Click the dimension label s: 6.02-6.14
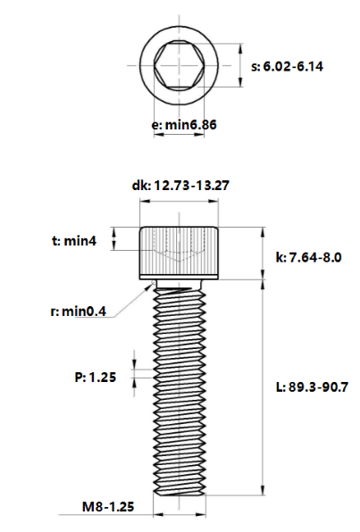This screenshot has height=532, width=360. point(287,66)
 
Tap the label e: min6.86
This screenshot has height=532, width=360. point(184,125)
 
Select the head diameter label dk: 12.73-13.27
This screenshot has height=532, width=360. point(180,186)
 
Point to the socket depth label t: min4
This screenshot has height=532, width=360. point(74,240)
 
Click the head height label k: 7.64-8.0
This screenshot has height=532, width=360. point(308,257)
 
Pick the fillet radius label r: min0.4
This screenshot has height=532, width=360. point(78,312)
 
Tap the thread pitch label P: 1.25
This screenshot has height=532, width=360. point(95,377)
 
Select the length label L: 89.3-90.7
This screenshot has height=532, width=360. point(312,387)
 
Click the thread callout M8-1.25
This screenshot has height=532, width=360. point(108,506)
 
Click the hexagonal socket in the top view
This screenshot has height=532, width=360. point(179,65)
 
